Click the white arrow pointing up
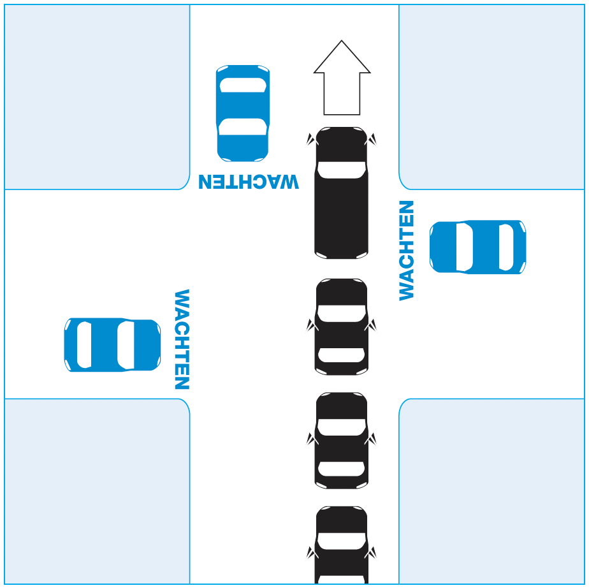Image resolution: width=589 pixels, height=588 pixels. coord(342,83)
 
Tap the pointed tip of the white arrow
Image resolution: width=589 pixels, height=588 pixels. coord(342,43)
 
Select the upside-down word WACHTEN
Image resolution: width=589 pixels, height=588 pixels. coord(249,181)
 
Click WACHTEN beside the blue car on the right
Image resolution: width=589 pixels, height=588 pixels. coord(407,250)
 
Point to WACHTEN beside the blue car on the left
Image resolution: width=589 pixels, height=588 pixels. coord(182,339)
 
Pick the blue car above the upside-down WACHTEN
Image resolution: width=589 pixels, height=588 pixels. coord(243,113)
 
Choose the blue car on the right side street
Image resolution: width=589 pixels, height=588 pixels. coord(477,247)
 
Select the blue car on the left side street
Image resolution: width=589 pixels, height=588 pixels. coord(112,344)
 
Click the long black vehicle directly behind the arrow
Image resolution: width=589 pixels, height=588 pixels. coord(342,193)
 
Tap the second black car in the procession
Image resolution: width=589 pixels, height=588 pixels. coord(342,327)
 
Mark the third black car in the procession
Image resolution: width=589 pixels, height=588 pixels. coord(342,440)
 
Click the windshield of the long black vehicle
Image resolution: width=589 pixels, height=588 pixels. coord(342,170)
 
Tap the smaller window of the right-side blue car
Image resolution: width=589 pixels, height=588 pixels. coord(505,247)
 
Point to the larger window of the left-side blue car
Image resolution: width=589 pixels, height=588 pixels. coord(125,344)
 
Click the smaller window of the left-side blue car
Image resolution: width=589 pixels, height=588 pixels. coord(84,344)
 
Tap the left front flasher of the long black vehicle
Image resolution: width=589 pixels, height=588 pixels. coord(311,139)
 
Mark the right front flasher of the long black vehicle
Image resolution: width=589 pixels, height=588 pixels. coord(372,139)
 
